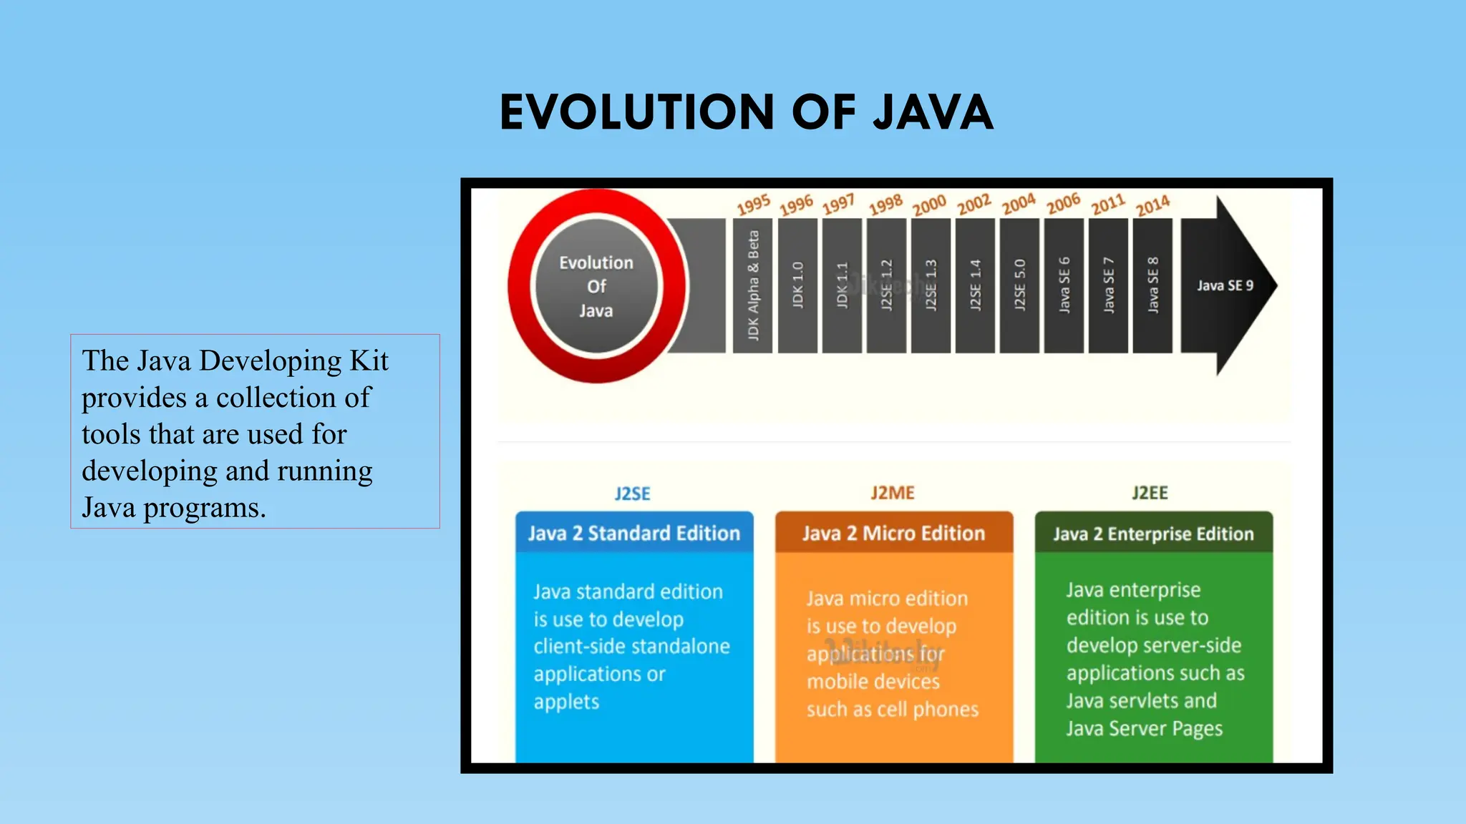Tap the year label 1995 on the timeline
pyautogui.click(x=754, y=205)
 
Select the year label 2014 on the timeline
pyautogui.click(x=1152, y=206)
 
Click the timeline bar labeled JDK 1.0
pyautogui.click(x=797, y=285)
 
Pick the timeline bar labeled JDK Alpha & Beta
pyautogui.click(x=753, y=285)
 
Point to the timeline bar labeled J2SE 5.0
pyautogui.click(x=1019, y=285)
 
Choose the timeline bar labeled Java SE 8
pyautogui.click(x=1152, y=285)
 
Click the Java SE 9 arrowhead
pyautogui.click(x=1226, y=285)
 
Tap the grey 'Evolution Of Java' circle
pyautogui.click(x=596, y=286)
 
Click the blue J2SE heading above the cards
pyautogui.click(x=633, y=494)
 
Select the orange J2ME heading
pyautogui.click(x=893, y=493)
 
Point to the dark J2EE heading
pyautogui.click(x=1150, y=493)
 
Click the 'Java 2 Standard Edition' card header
pyautogui.click(x=634, y=533)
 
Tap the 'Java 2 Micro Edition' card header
pyautogui.click(x=893, y=533)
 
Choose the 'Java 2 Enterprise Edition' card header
pyautogui.click(x=1153, y=534)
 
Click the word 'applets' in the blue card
pyautogui.click(x=566, y=702)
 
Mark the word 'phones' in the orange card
pyautogui.click(x=946, y=710)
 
